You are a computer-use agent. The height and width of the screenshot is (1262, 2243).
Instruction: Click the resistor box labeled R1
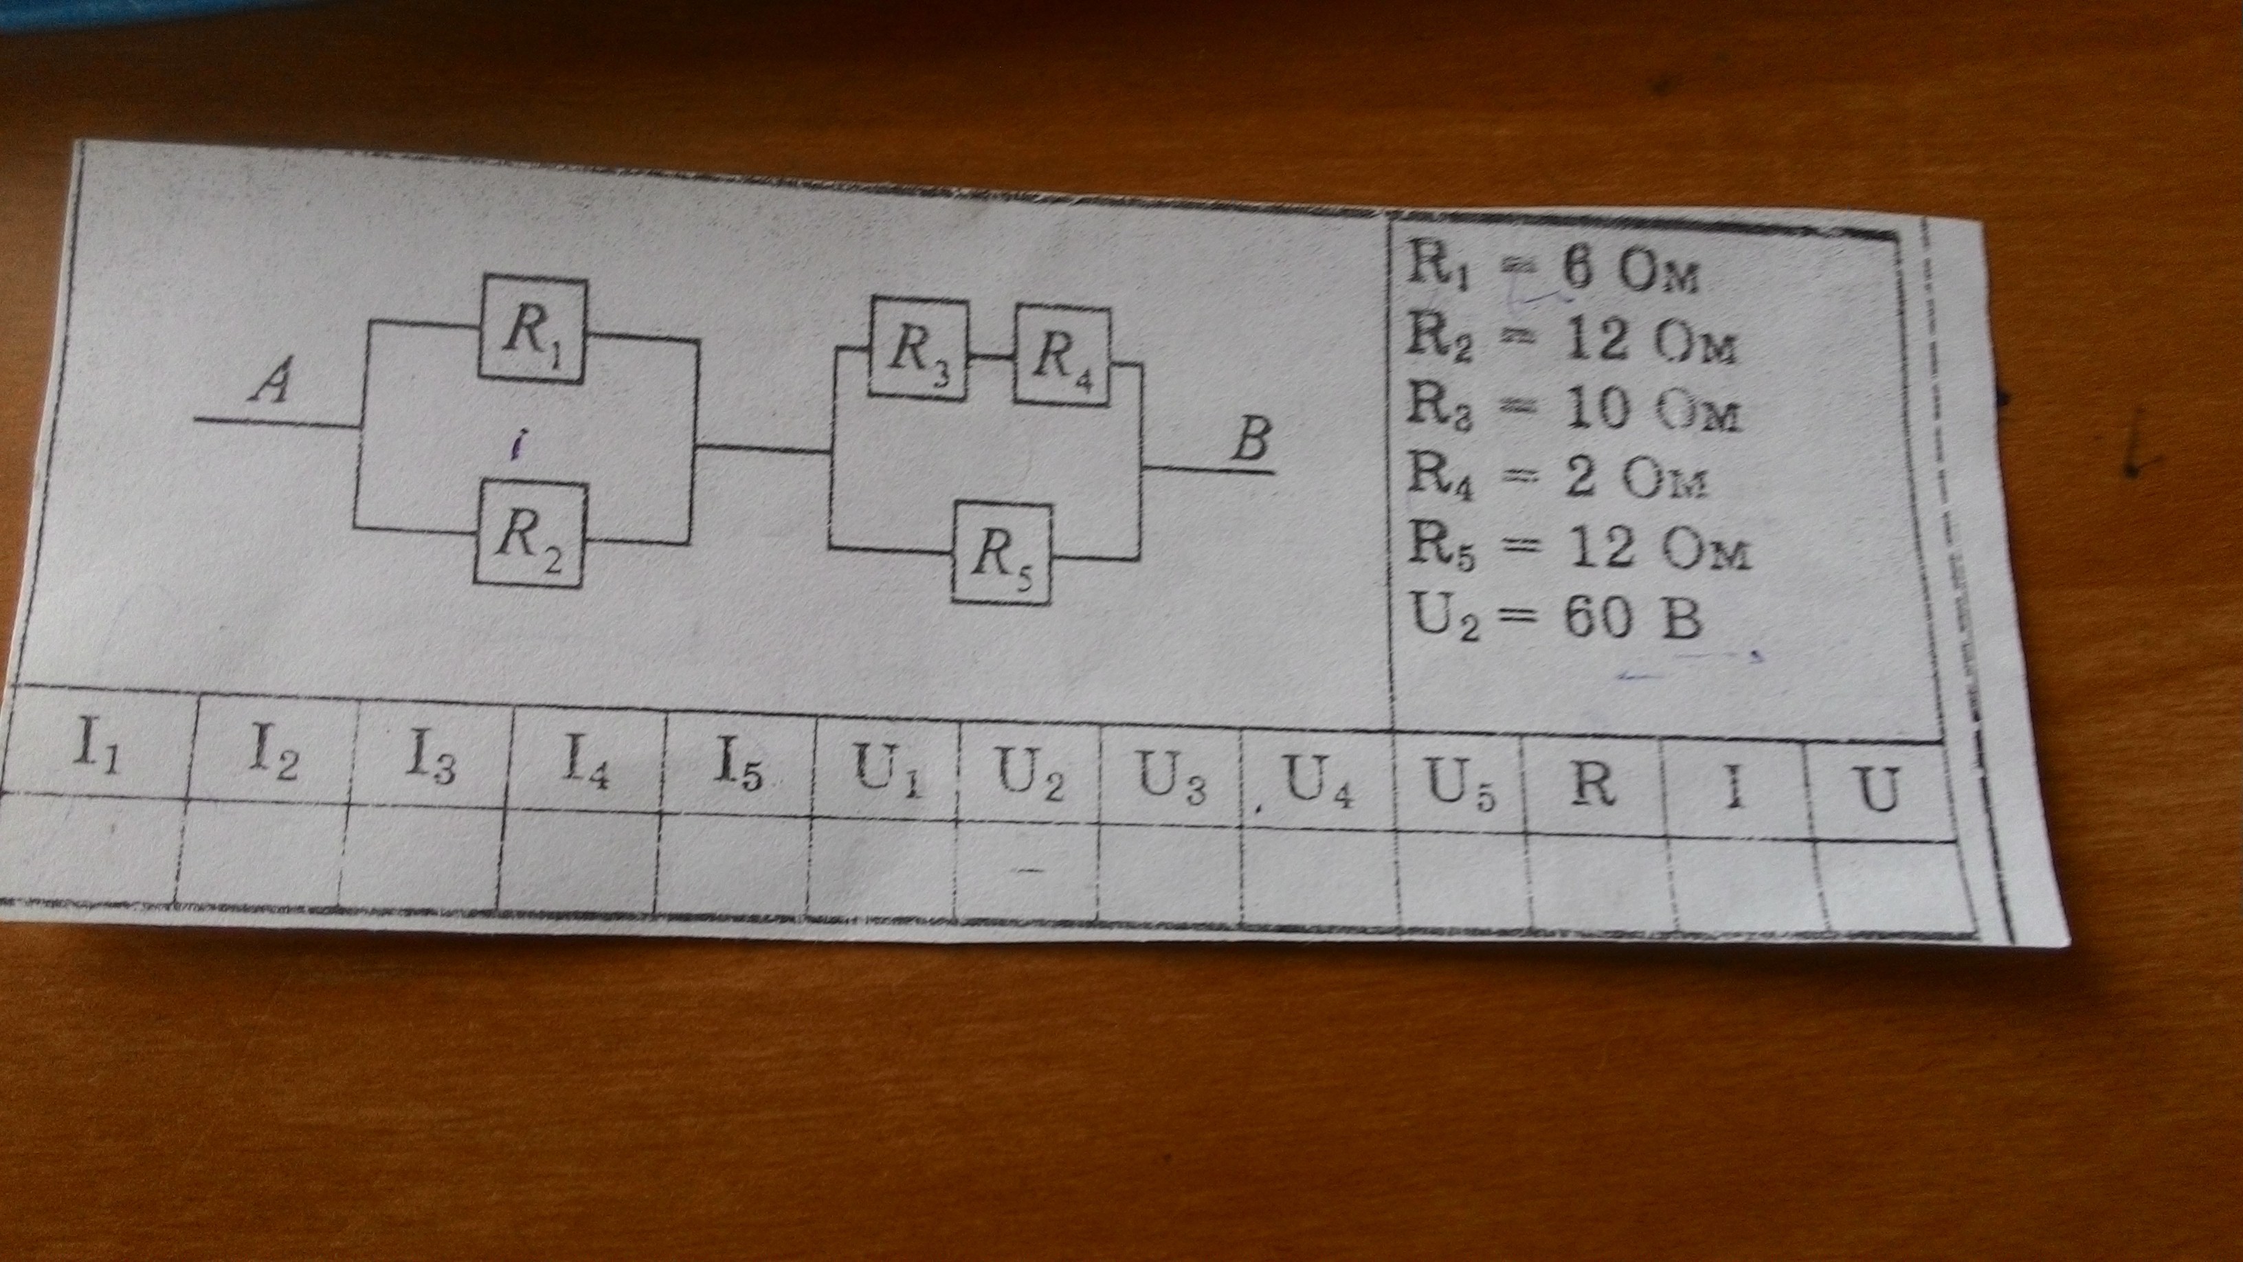[533, 330]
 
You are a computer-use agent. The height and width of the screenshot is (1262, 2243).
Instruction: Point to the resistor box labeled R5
[1001, 553]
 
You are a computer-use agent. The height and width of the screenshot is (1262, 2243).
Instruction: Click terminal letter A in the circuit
[271, 384]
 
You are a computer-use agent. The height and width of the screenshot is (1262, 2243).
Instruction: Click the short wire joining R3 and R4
[991, 356]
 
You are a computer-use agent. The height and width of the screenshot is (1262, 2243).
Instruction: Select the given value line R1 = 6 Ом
[1552, 272]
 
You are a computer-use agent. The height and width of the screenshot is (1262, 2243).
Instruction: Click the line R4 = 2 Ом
[1559, 479]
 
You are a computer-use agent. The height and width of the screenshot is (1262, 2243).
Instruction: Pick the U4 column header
[1317, 780]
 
